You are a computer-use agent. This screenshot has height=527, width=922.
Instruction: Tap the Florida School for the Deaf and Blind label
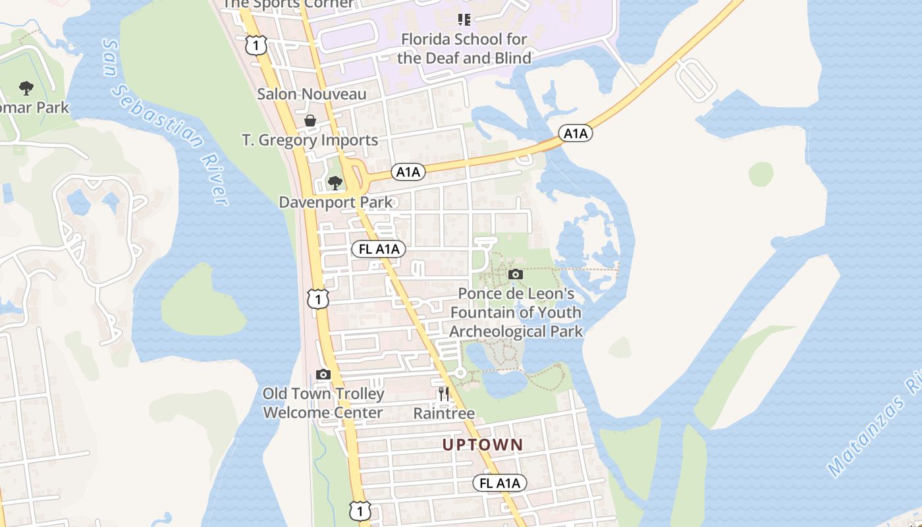pyautogui.click(x=464, y=49)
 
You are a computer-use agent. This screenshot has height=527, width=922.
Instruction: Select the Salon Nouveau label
pyautogui.click(x=312, y=94)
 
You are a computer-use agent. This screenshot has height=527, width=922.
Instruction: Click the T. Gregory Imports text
pyautogui.click(x=310, y=140)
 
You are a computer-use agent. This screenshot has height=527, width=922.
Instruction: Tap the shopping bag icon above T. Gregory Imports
pyautogui.click(x=310, y=121)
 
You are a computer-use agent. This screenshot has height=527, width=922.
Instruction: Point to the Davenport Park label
pyautogui.click(x=336, y=202)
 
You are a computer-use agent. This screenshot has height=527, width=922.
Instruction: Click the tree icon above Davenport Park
pyautogui.click(x=335, y=182)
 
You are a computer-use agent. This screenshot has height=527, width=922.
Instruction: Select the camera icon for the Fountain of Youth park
pyautogui.click(x=516, y=274)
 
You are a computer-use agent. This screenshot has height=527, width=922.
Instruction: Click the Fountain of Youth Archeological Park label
pyautogui.click(x=516, y=312)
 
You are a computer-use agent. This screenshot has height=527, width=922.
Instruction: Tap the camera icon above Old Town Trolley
pyautogui.click(x=323, y=374)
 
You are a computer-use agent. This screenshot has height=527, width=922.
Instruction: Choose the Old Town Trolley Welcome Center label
pyautogui.click(x=323, y=403)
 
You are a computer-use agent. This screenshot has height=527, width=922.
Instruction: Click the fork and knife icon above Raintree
pyautogui.click(x=444, y=394)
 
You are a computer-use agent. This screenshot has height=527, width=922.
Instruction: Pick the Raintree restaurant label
pyautogui.click(x=444, y=414)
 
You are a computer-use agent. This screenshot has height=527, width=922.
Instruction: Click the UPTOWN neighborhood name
pyautogui.click(x=483, y=445)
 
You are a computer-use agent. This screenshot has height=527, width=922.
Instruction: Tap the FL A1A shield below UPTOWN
pyautogui.click(x=500, y=483)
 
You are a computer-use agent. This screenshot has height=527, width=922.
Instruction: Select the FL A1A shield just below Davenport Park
pyautogui.click(x=378, y=249)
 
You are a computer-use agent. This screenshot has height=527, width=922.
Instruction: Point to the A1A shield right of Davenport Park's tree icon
pyautogui.click(x=408, y=173)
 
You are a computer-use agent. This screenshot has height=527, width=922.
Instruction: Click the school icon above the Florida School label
pyautogui.click(x=464, y=19)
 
